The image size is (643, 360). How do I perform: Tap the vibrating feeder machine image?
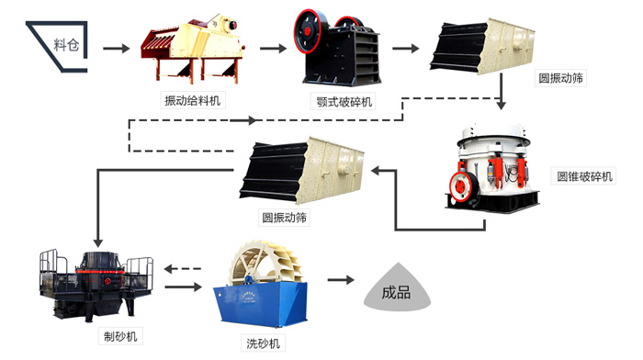tap(193, 45)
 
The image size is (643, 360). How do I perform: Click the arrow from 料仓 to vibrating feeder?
tap(115, 45)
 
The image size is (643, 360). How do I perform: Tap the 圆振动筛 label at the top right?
tap(560, 79)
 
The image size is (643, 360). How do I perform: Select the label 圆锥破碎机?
tap(584, 175)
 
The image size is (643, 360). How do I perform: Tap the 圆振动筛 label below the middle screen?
tap(284, 218)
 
